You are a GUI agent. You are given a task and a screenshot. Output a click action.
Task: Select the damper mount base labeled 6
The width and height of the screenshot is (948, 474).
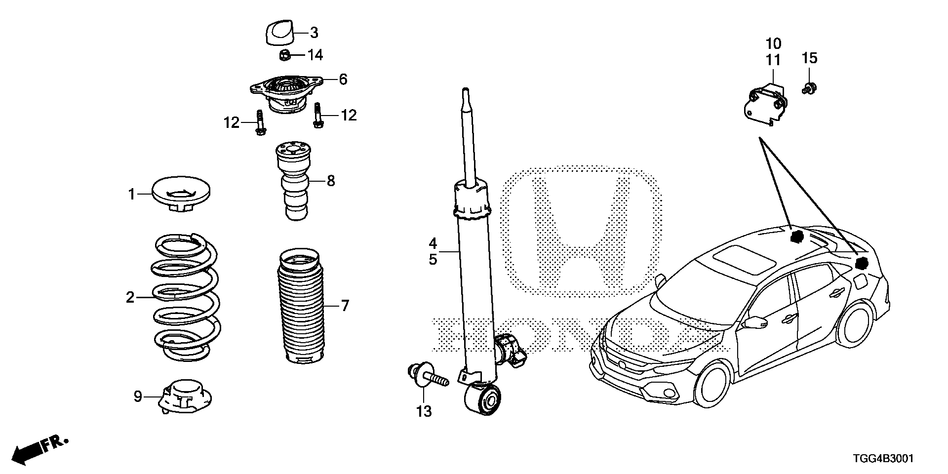[286, 93]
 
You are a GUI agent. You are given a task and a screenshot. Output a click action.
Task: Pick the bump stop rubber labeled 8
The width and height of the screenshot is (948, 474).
[294, 181]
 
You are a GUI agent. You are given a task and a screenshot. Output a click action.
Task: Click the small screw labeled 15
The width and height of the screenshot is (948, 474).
[809, 89]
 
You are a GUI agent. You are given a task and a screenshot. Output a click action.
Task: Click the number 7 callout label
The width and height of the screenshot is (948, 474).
[345, 306]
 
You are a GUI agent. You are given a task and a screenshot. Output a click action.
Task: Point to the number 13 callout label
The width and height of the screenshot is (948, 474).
[424, 411]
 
